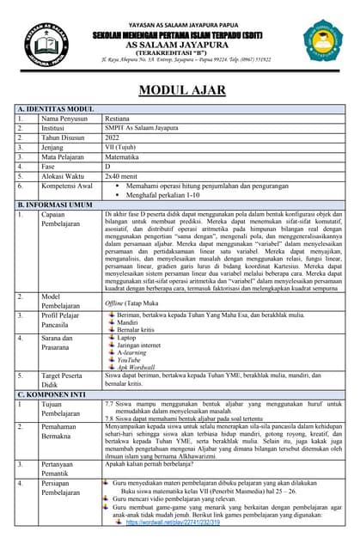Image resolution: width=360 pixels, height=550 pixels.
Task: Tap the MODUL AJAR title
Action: [x=180, y=90]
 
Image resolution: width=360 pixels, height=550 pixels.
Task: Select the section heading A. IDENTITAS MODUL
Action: [x=56, y=110]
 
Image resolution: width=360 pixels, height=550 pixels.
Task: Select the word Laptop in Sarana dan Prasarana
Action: [x=127, y=338]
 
